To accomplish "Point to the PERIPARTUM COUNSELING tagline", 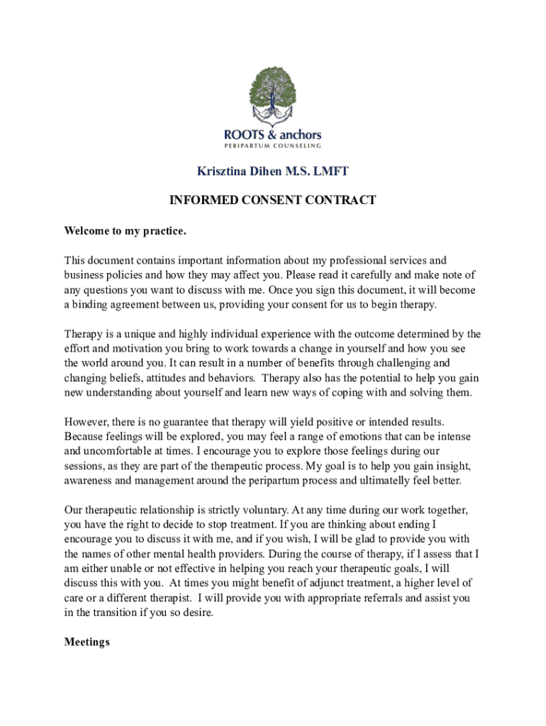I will (x=272, y=146).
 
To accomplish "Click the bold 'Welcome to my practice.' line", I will (x=126, y=230).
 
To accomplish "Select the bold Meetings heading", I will (x=87, y=642).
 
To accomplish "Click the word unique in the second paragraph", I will (x=138, y=334).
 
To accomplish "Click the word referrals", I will (x=354, y=598).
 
